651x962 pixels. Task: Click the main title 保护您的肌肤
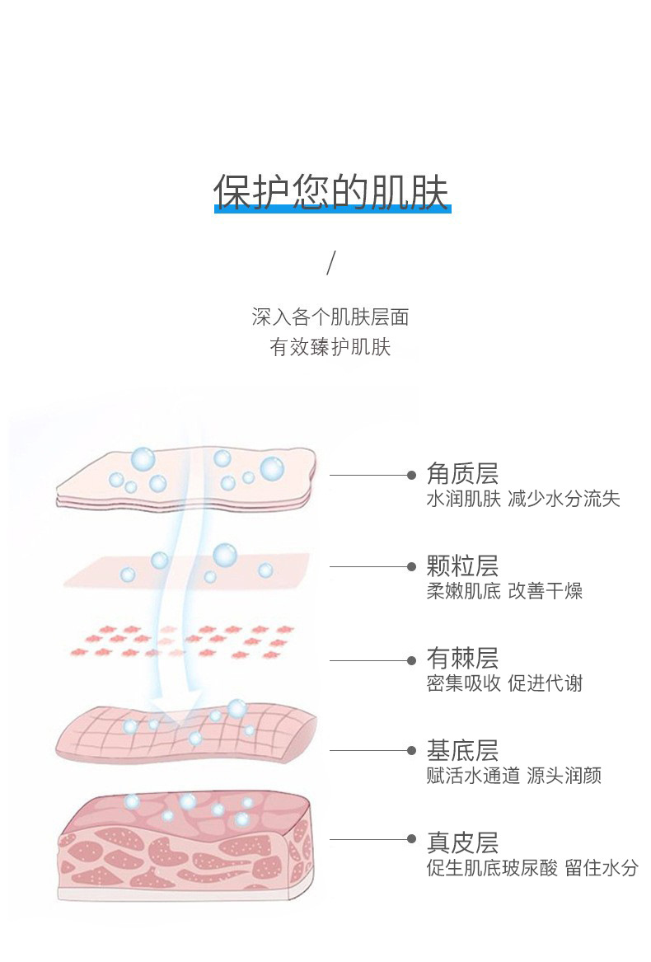pyautogui.click(x=331, y=190)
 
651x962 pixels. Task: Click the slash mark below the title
pyautogui.click(x=331, y=262)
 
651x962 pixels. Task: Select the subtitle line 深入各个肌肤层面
pyautogui.click(x=330, y=317)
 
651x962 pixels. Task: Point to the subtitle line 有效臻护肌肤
pyautogui.click(x=330, y=347)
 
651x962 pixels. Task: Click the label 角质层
pyautogui.click(x=462, y=473)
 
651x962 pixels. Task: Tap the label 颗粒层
pyautogui.click(x=462, y=566)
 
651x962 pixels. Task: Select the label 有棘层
pyautogui.click(x=462, y=659)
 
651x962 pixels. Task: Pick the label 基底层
pyautogui.click(x=462, y=751)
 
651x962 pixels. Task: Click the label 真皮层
pyautogui.click(x=462, y=842)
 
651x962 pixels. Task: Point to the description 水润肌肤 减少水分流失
pyautogui.click(x=522, y=499)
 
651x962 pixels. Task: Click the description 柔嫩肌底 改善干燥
pyautogui.click(x=504, y=591)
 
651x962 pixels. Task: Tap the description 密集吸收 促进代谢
pyautogui.click(x=504, y=683)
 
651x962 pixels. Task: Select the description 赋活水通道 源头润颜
pyautogui.click(x=513, y=776)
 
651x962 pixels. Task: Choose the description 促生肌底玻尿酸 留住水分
pyautogui.click(x=532, y=868)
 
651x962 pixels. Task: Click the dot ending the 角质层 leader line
pyautogui.click(x=411, y=475)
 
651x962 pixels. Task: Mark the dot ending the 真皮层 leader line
pyautogui.click(x=411, y=838)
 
